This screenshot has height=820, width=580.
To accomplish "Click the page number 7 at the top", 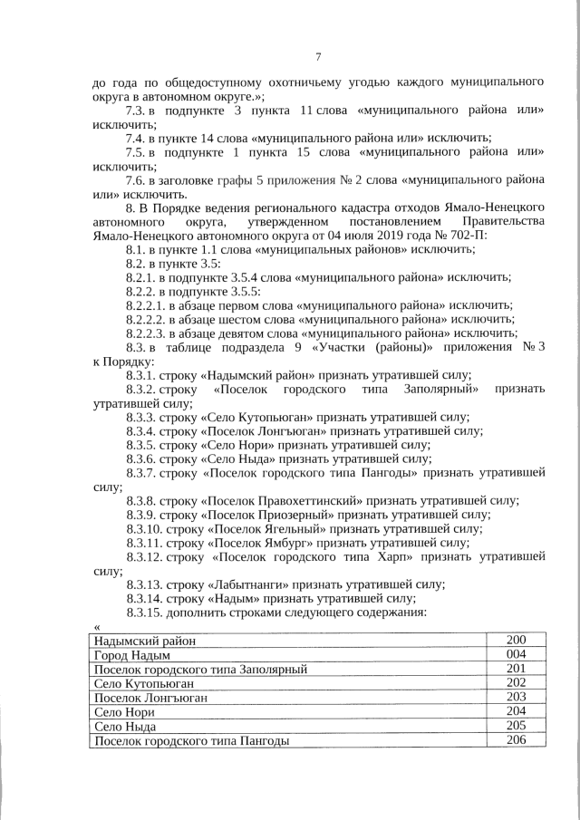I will [x=319, y=57].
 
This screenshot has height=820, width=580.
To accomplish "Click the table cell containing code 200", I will [x=516, y=641].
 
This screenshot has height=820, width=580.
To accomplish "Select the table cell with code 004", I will [x=516, y=654].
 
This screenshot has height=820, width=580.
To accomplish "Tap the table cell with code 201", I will [x=516, y=669].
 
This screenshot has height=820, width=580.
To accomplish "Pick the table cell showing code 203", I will [x=516, y=698].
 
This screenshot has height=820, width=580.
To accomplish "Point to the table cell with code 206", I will [x=516, y=741].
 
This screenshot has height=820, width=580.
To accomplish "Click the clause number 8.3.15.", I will [x=145, y=613].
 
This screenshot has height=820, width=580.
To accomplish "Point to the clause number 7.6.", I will [x=136, y=180].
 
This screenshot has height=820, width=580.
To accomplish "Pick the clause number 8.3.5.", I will [x=141, y=445].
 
